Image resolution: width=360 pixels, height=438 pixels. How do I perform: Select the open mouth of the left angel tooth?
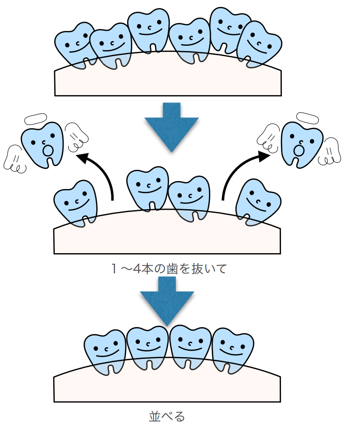click(47, 151)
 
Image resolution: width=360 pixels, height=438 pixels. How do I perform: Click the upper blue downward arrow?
click(172, 125)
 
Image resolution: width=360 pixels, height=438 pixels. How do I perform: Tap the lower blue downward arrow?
click(167, 299)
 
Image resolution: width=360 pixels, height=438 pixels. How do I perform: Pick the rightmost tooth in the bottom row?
click(233, 349)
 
